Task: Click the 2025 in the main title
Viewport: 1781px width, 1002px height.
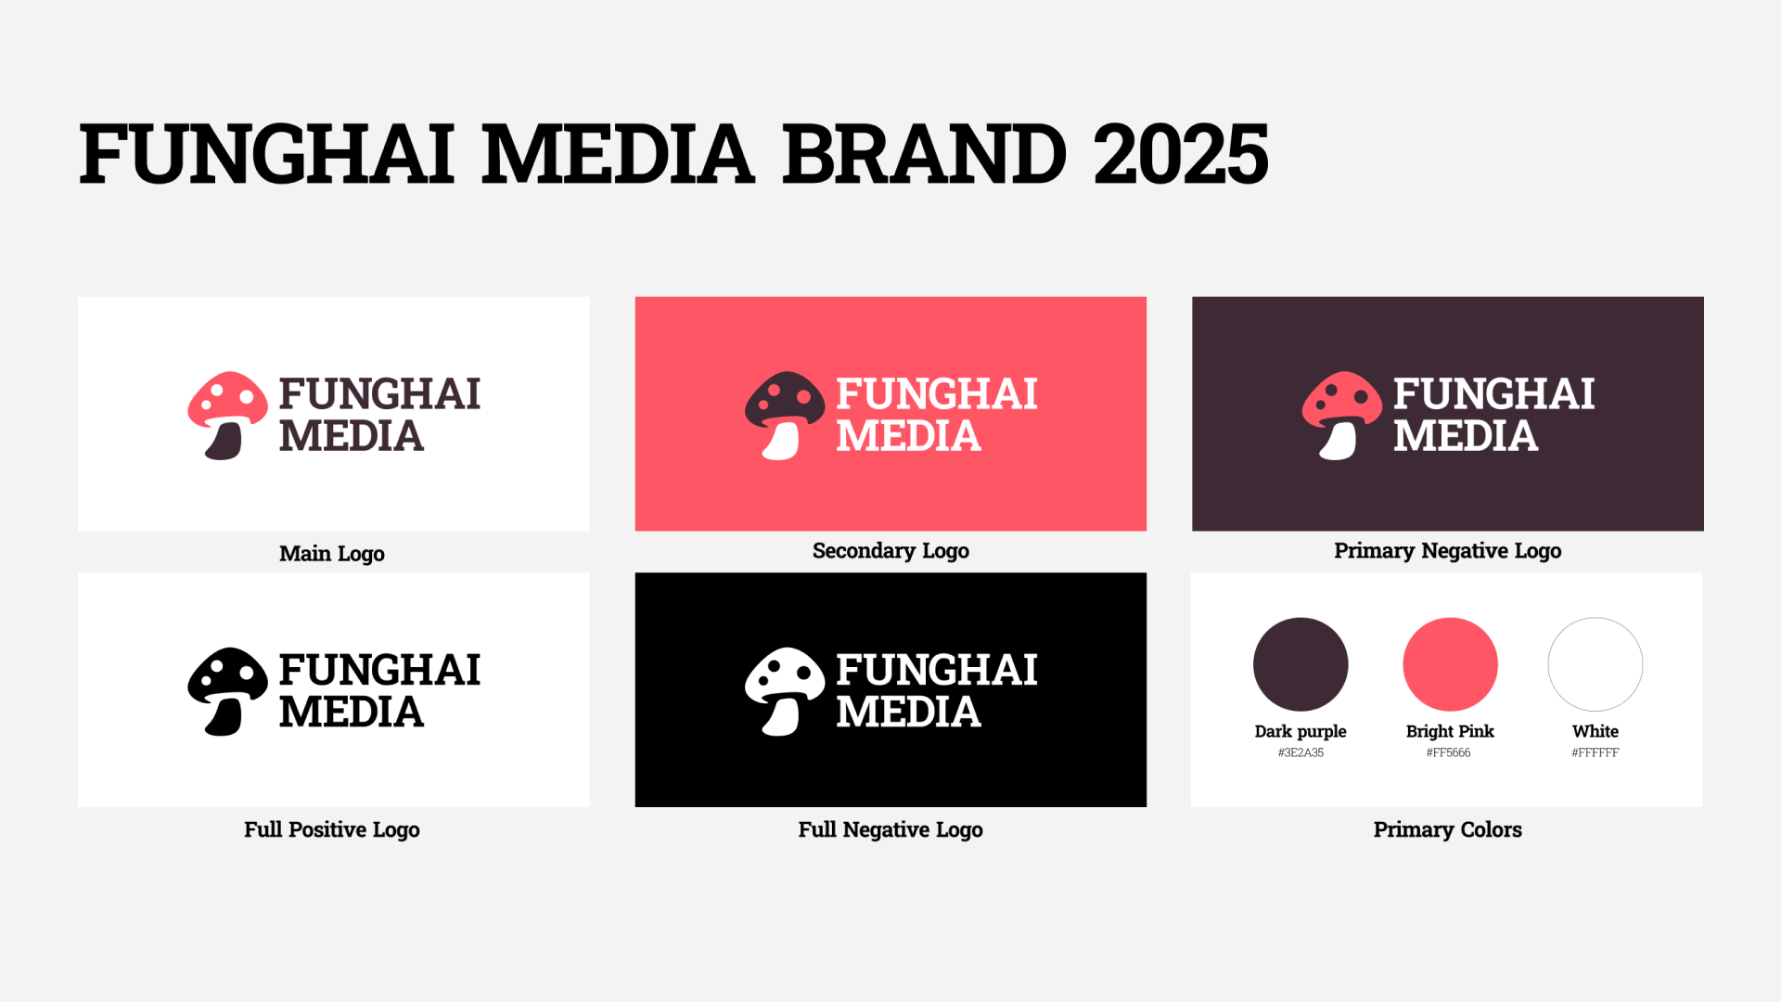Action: tap(1181, 154)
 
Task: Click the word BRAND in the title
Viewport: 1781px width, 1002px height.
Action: tap(925, 154)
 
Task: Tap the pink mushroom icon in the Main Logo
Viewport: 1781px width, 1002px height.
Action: tap(228, 416)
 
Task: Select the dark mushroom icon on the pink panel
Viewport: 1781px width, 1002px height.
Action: tap(785, 416)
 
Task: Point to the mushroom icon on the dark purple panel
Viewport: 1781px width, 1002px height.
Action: tap(1341, 416)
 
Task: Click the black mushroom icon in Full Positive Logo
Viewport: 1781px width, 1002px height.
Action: tap(228, 691)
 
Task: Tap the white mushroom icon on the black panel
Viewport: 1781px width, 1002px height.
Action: tap(785, 691)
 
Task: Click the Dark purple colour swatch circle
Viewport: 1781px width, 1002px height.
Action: tap(1301, 664)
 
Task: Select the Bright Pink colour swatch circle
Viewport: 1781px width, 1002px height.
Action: tap(1450, 664)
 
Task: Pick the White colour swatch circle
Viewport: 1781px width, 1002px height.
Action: tap(1595, 664)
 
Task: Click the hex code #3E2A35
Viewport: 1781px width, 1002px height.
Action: tap(1301, 752)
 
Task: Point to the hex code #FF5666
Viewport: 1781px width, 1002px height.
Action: tap(1449, 752)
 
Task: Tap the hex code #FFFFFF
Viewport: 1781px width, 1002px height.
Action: tap(1595, 752)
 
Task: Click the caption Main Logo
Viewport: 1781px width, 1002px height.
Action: tap(332, 554)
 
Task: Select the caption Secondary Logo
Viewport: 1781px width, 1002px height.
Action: tap(890, 551)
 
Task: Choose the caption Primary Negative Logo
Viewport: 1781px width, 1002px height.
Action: tap(1448, 551)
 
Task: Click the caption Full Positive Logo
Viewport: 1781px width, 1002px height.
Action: tap(332, 829)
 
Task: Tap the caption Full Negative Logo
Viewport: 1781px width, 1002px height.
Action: tap(890, 829)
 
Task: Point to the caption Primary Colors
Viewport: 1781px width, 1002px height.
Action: tap(1448, 829)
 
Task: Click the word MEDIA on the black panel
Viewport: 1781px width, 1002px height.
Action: tap(908, 713)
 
